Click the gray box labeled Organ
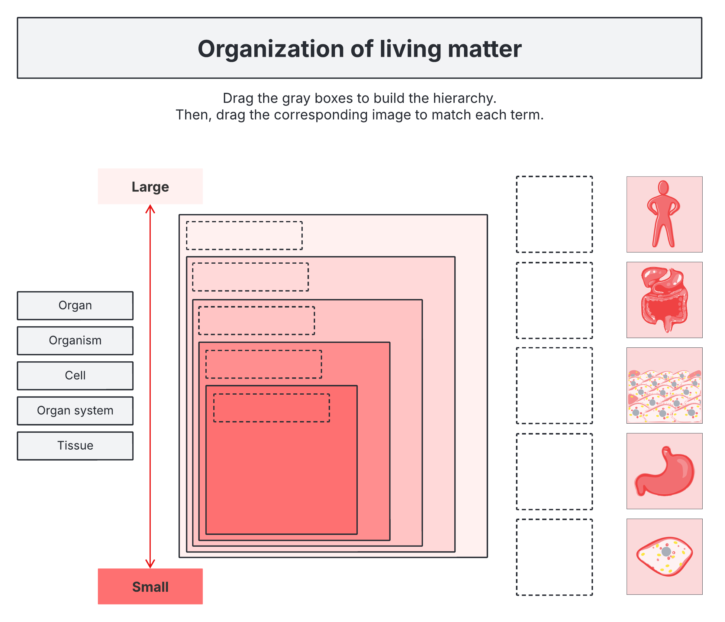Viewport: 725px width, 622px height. [75, 306]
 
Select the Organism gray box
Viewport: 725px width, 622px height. [75, 341]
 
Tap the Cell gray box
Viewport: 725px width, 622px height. [75, 376]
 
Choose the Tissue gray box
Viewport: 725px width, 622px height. [75, 446]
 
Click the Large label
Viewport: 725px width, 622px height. [150, 187]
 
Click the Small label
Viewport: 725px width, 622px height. [150, 587]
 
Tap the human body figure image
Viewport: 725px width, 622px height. [664, 214]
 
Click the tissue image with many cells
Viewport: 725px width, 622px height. [664, 386]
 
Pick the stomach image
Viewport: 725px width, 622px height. [664, 471]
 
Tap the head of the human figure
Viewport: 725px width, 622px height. [663, 187]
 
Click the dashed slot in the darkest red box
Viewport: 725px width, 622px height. [272, 408]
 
